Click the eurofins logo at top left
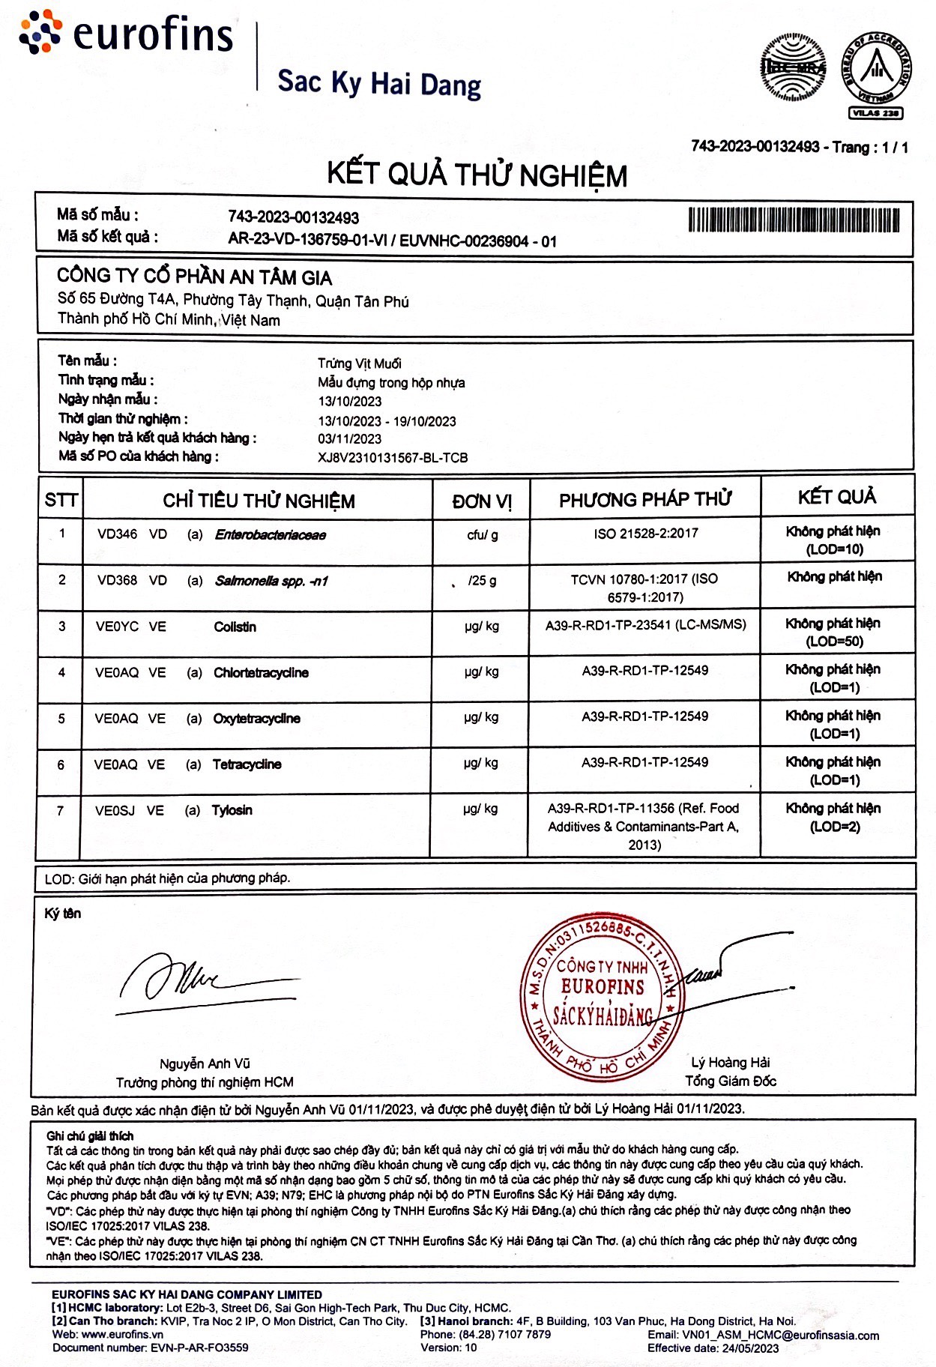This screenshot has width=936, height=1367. click(126, 34)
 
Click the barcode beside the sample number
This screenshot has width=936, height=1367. click(794, 220)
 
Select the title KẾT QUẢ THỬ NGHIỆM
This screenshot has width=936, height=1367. click(477, 175)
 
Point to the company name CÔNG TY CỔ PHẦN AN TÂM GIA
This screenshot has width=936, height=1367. click(194, 277)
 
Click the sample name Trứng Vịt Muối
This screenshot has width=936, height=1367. click(359, 363)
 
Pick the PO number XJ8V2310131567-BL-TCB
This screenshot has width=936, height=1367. click(393, 457)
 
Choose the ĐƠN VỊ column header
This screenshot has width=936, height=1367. click(482, 501)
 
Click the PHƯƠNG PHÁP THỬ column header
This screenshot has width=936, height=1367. click(645, 500)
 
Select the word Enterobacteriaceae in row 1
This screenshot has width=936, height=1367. click(270, 534)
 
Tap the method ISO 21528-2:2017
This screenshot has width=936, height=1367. click(645, 534)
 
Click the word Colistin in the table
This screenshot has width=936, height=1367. click(235, 627)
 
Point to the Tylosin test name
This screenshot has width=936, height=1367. click(232, 810)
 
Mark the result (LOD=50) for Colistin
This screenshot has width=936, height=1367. click(834, 642)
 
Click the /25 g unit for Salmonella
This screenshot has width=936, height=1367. click(482, 580)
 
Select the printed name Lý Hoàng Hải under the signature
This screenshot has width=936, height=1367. click(730, 1062)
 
